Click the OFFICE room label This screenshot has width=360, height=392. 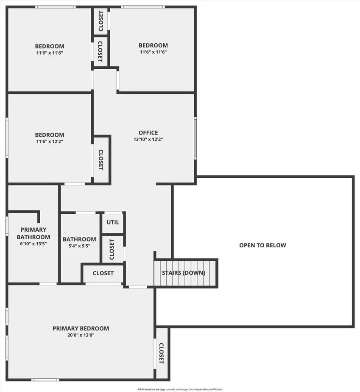(148, 133)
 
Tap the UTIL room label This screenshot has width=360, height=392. (113, 222)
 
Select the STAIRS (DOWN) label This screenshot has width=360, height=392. (184, 273)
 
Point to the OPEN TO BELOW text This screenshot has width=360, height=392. (262, 245)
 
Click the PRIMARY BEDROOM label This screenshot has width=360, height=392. (81, 328)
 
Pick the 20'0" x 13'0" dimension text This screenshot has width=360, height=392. (81, 335)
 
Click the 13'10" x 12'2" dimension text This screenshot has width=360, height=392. (148, 140)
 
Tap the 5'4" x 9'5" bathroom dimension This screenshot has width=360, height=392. (79, 246)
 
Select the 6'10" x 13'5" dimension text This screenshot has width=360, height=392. (33, 244)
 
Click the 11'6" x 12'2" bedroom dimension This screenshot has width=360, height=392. (50, 142)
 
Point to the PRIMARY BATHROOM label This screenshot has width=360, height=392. (33, 233)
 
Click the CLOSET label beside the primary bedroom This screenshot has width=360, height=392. (162, 353)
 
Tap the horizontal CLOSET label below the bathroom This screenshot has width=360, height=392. (103, 273)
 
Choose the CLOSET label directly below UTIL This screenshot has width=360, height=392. (112, 249)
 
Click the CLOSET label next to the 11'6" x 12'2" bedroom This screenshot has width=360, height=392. (100, 160)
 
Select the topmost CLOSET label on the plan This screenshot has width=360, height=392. (101, 21)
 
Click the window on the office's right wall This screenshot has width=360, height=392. (195, 138)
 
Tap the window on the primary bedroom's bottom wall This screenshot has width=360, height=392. (45, 380)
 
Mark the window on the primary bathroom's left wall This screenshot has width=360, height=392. (7, 226)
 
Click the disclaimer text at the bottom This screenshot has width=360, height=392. (180, 389)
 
